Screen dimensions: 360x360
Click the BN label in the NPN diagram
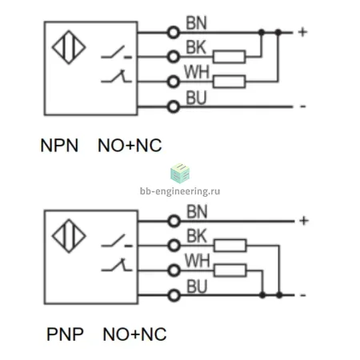coord(196,23)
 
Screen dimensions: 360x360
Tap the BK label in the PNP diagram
coord(197,236)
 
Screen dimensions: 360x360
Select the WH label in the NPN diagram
coord(197,72)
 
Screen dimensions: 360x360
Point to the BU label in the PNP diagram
coord(197,286)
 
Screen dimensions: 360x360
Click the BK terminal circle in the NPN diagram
coord(174,57)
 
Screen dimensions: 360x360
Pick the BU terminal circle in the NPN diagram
coord(174,107)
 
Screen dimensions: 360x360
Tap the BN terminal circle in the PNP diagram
coord(174,221)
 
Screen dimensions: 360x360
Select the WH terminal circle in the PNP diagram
coord(174,270)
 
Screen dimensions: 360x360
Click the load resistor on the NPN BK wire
coord(230,57)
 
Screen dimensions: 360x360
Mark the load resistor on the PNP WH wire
coord(230,270)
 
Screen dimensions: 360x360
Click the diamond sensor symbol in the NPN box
coord(69,47)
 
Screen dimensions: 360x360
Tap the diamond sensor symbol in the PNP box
coord(69,236)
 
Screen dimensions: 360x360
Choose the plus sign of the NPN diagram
coord(302,32)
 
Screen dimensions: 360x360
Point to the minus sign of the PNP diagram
coord(303,295)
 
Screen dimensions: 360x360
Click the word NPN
coord(59,146)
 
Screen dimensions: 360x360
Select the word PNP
coord(65,334)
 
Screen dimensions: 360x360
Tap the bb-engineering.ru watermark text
coord(180,191)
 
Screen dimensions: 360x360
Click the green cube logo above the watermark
coord(180,174)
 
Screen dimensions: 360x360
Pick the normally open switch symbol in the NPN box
coord(117,52)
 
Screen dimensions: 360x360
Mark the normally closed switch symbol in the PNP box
coord(117,265)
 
